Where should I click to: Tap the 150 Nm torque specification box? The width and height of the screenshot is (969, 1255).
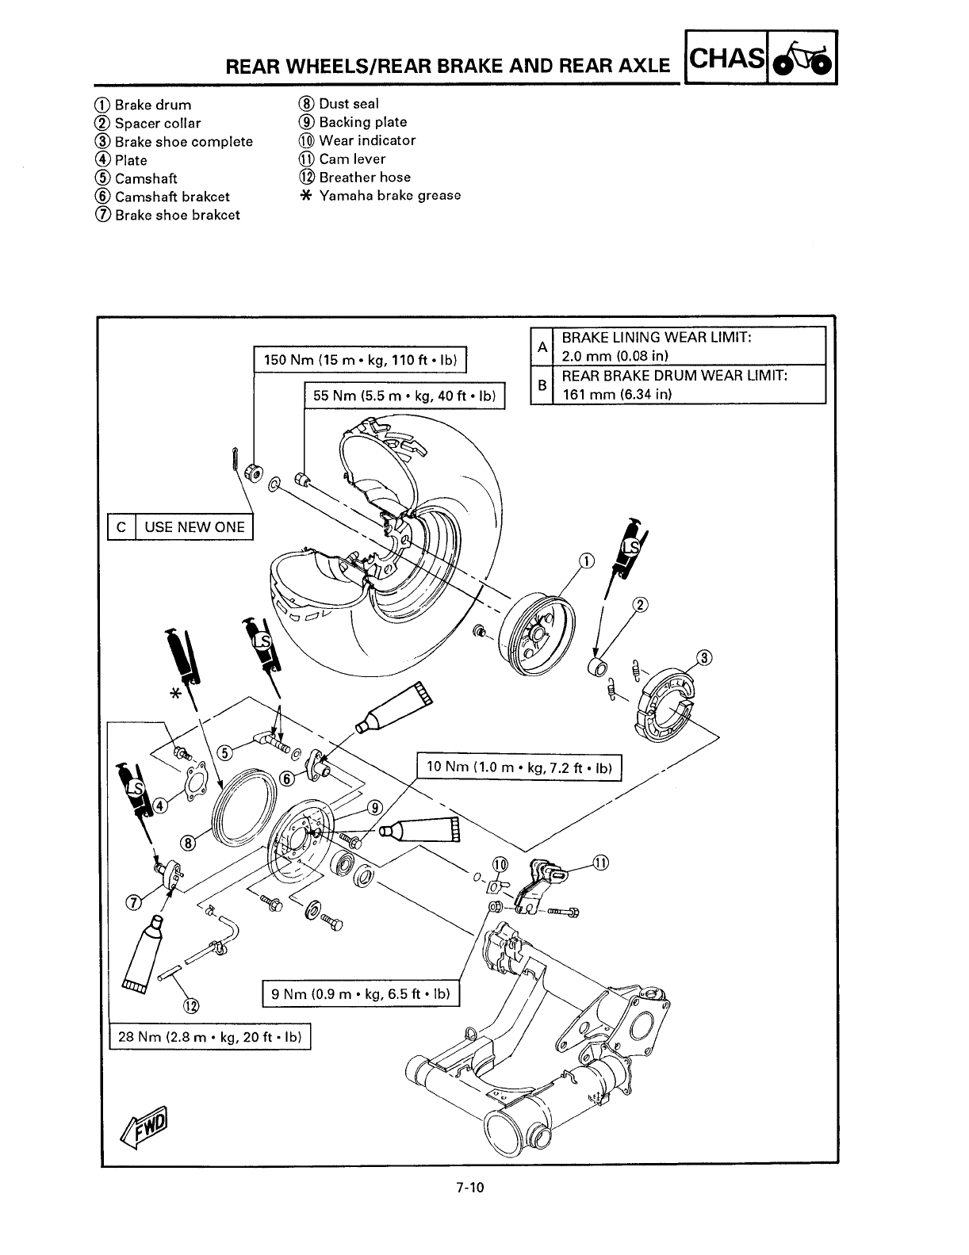tap(361, 360)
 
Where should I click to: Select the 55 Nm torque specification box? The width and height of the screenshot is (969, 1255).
tap(404, 396)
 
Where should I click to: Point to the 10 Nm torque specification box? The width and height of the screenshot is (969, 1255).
tap(520, 767)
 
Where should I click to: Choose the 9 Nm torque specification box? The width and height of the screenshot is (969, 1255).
tap(361, 993)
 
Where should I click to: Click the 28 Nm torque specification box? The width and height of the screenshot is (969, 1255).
tap(210, 1037)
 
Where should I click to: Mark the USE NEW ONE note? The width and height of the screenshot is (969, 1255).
tap(194, 526)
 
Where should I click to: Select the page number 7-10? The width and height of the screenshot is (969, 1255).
tap(469, 1188)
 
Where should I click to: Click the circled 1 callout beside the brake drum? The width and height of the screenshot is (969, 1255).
tap(585, 561)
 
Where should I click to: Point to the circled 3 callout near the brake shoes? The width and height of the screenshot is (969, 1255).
tap(704, 657)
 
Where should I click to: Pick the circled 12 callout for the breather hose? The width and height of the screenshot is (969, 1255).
tap(191, 1007)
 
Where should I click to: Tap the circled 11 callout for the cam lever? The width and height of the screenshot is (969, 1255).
tap(600, 863)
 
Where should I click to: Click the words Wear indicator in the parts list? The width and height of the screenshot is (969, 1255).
tap(367, 140)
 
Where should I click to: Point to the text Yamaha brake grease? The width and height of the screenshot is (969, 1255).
tap(389, 196)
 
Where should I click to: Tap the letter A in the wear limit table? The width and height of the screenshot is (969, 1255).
tap(542, 346)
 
